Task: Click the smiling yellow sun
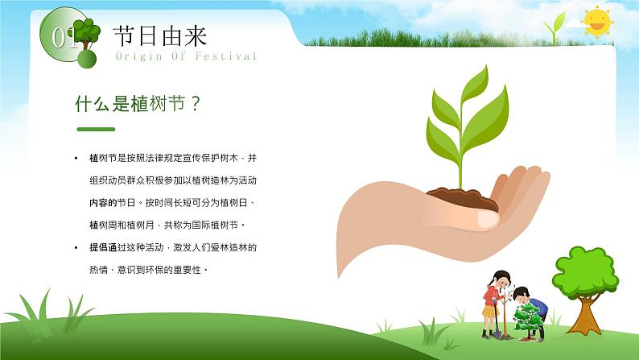tap(597, 22)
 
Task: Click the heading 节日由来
tap(160, 36)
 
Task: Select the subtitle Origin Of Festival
tap(186, 56)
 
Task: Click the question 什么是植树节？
tap(138, 104)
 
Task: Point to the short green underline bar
tap(96, 129)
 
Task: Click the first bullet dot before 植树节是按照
tap(76, 158)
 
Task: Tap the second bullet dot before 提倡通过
tap(76, 247)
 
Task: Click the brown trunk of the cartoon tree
tap(586, 315)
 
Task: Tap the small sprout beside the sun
tap(554, 27)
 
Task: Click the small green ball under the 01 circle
tap(87, 59)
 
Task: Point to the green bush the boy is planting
tap(528, 320)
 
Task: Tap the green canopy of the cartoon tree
tap(585, 271)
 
